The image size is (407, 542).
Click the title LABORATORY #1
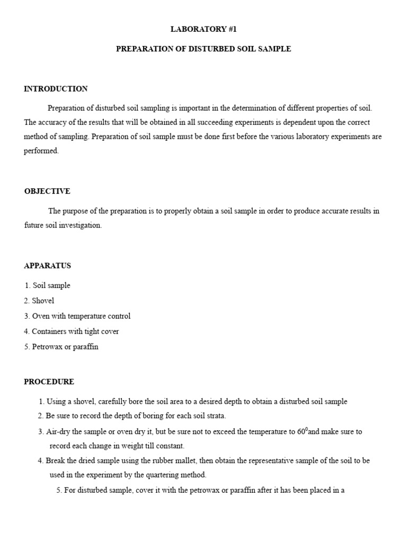[x=203, y=29]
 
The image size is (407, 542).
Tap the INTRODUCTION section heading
[x=56, y=89]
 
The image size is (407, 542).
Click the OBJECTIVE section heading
[x=47, y=191]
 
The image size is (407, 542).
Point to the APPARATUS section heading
[x=48, y=266]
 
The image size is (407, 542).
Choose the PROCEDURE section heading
[x=49, y=382]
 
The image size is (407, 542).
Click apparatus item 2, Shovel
[x=39, y=301]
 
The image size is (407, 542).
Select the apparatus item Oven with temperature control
[x=77, y=316]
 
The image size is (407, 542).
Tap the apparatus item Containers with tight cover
[x=72, y=331]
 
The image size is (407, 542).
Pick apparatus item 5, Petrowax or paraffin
[x=61, y=347]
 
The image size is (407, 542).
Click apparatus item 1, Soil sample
[x=47, y=285]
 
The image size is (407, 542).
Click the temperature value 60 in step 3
[x=302, y=431]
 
